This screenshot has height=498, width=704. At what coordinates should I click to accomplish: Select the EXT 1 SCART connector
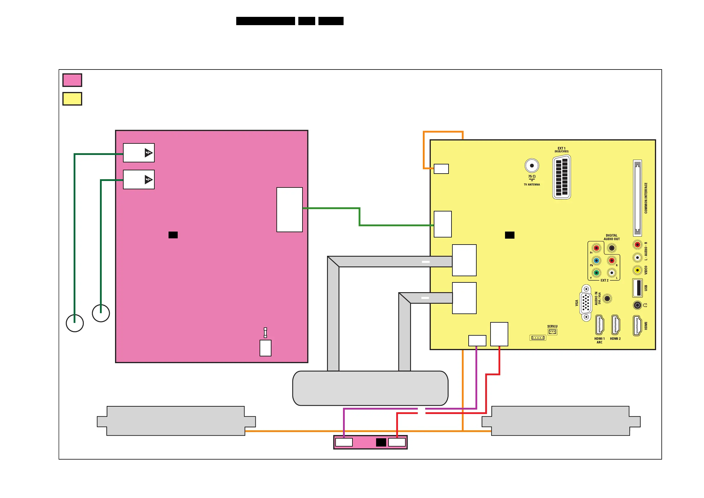click(x=561, y=177)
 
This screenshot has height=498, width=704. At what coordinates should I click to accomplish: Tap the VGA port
click(x=586, y=303)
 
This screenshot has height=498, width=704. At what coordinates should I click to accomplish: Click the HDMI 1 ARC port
click(x=599, y=325)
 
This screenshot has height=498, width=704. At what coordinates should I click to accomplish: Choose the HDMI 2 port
click(x=615, y=325)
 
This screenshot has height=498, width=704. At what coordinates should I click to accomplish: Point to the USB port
click(x=637, y=288)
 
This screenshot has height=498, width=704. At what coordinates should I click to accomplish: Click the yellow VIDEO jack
click(x=637, y=270)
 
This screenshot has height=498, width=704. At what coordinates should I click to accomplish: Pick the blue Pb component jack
click(x=596, y=261)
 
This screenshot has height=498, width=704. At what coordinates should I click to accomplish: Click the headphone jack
click(x=637, y=305)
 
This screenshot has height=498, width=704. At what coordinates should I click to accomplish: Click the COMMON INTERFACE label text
click(x=646, y=198)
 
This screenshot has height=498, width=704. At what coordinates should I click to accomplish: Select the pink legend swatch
click(x=72, y=80)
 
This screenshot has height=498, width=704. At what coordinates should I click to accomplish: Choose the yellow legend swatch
click(x=72, y=99)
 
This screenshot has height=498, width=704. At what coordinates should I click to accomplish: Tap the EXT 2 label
click(x=604, y=280)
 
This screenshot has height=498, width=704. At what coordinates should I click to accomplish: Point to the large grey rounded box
click(x=370, y=388)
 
